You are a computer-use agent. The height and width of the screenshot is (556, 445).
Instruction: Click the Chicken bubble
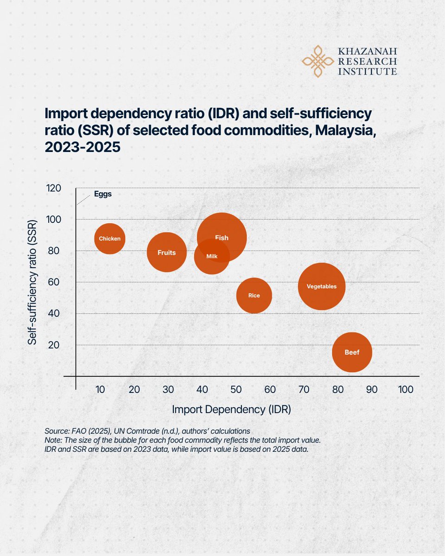point(110,239)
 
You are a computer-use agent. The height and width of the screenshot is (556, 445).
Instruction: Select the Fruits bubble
point(167,252)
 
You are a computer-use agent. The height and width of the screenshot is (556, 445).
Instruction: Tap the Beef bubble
point(352,352)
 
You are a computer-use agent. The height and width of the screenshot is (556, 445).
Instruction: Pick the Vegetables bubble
point(322,286)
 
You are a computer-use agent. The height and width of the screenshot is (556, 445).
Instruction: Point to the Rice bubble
point(254,295)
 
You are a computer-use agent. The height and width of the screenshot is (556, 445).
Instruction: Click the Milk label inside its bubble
point(212,256)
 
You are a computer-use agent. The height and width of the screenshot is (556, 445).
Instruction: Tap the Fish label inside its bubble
point(222,238)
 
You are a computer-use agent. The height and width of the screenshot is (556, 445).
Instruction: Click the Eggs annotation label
point(102,194)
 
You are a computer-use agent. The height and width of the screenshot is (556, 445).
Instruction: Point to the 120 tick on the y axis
point(53,188)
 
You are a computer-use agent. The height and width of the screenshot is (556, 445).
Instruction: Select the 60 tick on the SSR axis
point(53,282)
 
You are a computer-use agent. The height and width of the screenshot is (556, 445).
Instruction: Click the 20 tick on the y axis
point(53,345)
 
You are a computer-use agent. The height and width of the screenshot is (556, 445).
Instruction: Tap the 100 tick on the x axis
point(406,389)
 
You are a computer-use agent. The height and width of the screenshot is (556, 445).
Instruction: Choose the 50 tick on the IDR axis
point(236,389)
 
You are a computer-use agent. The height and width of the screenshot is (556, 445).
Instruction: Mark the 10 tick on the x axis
point(100,389)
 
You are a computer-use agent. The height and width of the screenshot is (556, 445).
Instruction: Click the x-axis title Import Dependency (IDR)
point(232,410)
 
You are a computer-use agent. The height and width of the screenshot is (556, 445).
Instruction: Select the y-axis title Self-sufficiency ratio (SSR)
point(32,282)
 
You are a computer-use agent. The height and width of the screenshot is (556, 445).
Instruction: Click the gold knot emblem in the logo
point(318,61)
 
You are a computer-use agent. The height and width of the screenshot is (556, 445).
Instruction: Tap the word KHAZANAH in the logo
point(368,51)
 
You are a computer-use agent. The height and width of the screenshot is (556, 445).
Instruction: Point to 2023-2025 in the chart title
point(83,147)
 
